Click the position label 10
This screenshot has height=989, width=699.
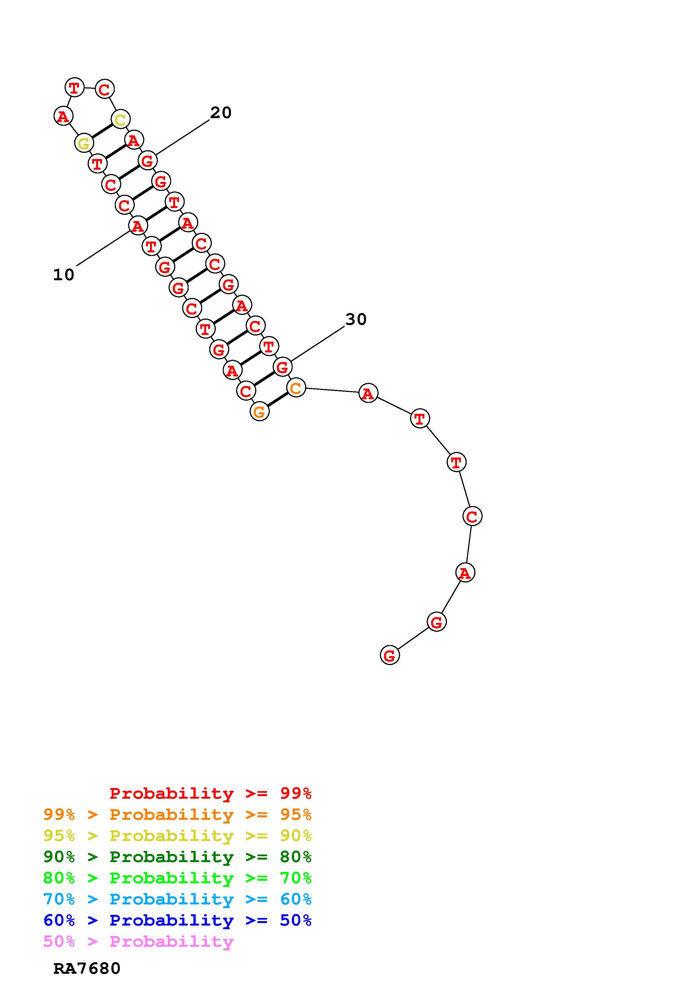click(63, 274)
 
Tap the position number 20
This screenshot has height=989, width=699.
click(220, 112)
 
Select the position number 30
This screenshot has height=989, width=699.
click(356, 319)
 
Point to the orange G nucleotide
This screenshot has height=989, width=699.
click(259, 411)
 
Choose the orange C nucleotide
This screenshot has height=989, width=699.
click(296, 388)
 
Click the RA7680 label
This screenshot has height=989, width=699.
click(87, 968)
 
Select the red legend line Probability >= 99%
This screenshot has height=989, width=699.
click(211, 793)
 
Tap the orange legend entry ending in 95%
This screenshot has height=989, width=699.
click(177, 814)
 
